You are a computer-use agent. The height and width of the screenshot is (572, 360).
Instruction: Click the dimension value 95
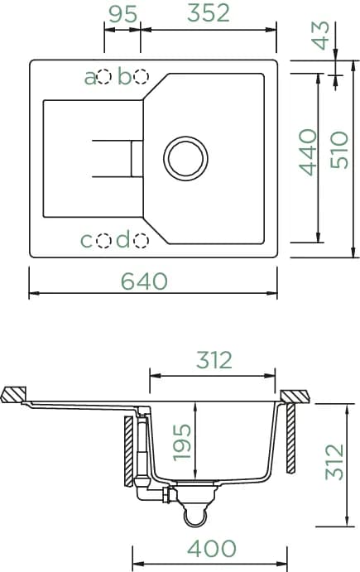tap(123, 14)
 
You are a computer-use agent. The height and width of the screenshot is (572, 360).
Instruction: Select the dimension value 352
tap(209, 13)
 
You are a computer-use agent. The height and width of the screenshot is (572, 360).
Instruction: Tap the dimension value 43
tap(320, 36)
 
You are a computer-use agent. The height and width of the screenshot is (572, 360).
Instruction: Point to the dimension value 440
tap(308, 152)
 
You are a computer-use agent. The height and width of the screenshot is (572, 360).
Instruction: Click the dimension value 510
tap(338, 150)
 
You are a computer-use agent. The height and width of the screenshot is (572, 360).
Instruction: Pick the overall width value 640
tap(144, 281)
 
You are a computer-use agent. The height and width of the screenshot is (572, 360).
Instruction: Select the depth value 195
tap(181, 442)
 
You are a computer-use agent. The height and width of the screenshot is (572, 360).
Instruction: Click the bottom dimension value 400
tap(212, 548)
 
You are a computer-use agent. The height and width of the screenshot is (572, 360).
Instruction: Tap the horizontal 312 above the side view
tap(214, 360)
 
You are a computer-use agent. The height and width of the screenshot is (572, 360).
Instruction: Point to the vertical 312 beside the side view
tap(334, 462)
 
